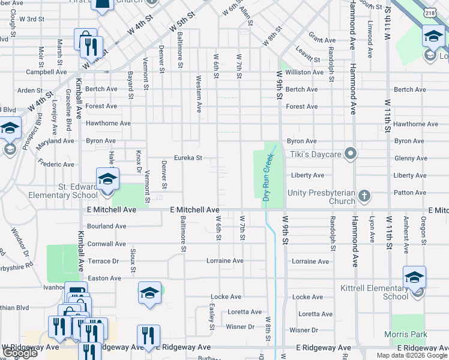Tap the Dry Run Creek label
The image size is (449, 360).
268,178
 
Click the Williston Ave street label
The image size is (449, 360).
304,72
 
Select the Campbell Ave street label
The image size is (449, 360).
46,72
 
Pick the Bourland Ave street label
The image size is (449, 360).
106,226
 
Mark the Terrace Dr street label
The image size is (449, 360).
103,261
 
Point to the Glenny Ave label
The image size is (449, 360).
411,158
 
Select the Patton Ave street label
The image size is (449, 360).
411,193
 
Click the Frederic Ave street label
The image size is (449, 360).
56,164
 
